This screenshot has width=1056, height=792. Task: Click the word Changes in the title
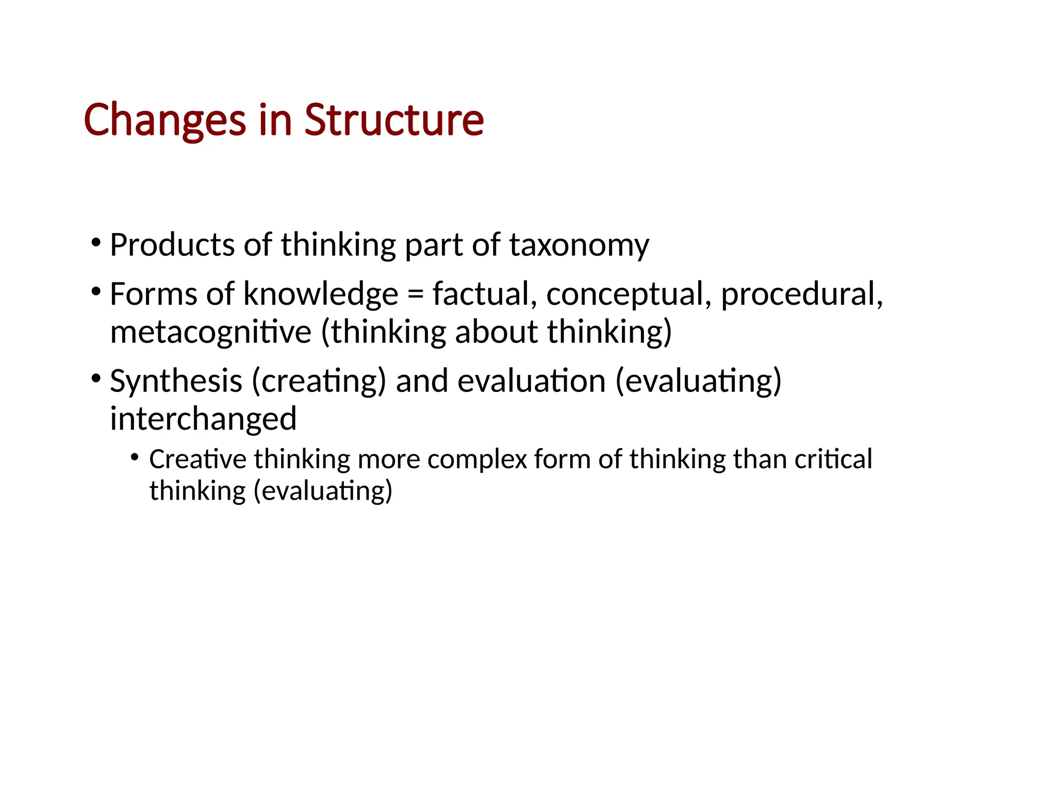click(164, 120)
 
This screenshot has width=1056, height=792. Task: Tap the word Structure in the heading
click(394, 120)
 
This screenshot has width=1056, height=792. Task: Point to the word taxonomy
click(579, 245)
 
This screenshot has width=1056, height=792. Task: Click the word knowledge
click(320, 294)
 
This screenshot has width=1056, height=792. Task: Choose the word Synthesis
click(176, 382)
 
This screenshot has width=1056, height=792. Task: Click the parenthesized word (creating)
click(319, 382)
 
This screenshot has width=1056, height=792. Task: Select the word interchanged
click(203, 418)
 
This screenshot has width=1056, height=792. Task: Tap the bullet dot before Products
click(95, 242)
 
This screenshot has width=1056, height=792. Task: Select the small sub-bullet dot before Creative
click(135, 457)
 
